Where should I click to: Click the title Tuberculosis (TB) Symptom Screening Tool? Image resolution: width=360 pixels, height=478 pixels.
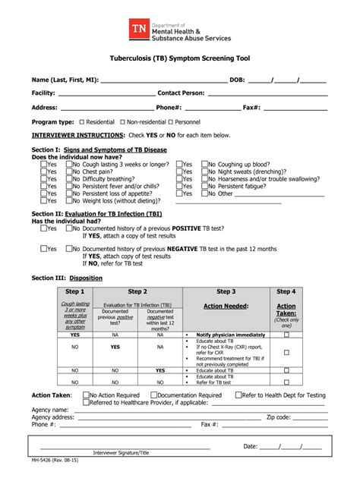pyautogui.click(x=179, y=58)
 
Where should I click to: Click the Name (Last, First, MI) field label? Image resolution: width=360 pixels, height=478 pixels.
pyautogui.click(x=65, y=79)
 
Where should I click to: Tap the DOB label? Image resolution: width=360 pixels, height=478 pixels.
pyautogui.click(x=237, y=79)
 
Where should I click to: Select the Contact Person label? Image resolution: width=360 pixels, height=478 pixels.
pyautogui.click(x=181, y=93)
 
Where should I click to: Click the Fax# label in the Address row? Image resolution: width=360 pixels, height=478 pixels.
pyautogui.click(x=253, y=107)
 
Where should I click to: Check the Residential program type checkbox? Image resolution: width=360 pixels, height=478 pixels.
pyautogui.click(x=81, y=121)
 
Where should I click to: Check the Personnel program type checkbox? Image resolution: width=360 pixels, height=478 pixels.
pyautogui.click(x=170, y=121)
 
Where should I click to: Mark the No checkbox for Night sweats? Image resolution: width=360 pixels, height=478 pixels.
pyautogui.click(x=204, y=171)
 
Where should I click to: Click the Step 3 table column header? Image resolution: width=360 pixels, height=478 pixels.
pyautogui.click(x=226, y=291)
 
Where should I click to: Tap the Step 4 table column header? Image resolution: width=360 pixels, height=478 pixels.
pyautogui.click(x=286, y=291)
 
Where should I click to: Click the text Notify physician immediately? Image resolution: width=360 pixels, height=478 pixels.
pyautogui.click(x=230, y=335)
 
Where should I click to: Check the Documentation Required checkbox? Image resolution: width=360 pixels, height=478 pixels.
pyautogui.click(x=153, y=395)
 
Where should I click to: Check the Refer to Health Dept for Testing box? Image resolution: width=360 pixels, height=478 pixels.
pyautogui.click(x=238, y=395)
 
